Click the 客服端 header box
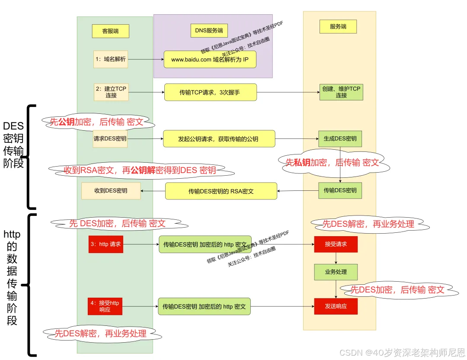point(110,31)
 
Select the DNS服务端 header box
point(209,30)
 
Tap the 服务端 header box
point(338,26)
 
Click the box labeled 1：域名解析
point(111,59)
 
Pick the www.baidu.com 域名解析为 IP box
point(210,59)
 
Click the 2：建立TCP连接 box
point(111,92)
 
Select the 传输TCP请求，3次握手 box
point(210,92)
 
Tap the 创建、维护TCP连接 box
point(341,92)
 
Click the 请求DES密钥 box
point(110,139)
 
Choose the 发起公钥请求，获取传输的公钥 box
point(219,139)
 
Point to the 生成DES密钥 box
point(340,139)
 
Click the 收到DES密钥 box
point(111,190)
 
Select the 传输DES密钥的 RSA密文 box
point(221,191)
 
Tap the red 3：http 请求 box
point(106,244)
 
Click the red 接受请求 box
point(336,244)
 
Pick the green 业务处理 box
point(336,272)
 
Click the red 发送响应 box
point(336,306)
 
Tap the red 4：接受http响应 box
point(105,306)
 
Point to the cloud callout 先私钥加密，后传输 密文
point(332,163)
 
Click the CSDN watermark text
point(402,352)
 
